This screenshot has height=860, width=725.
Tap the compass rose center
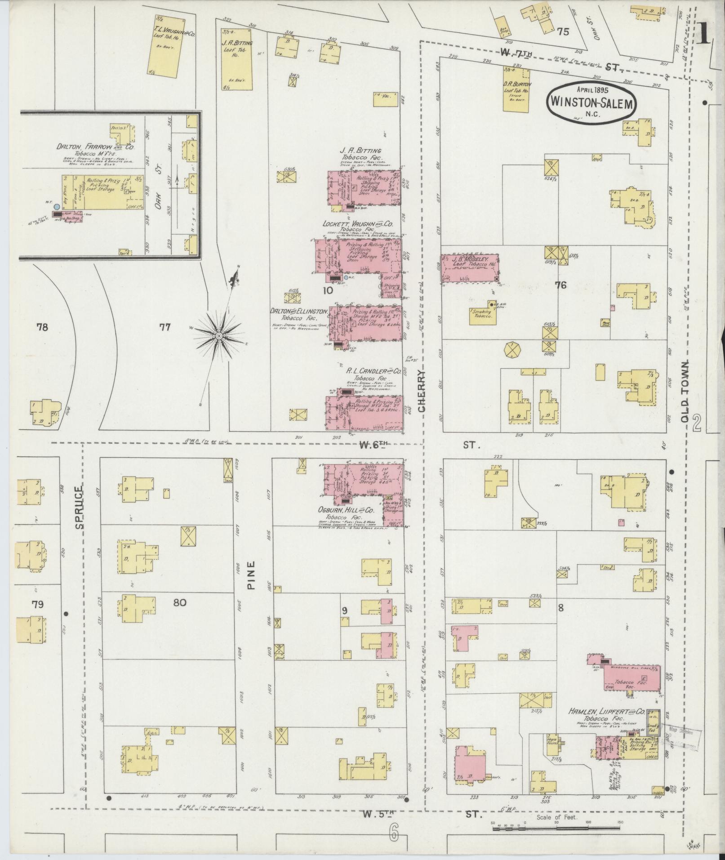tap(218, 336)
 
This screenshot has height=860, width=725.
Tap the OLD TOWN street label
tap(685, 391)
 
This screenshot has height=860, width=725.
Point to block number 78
tap(42, 327)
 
